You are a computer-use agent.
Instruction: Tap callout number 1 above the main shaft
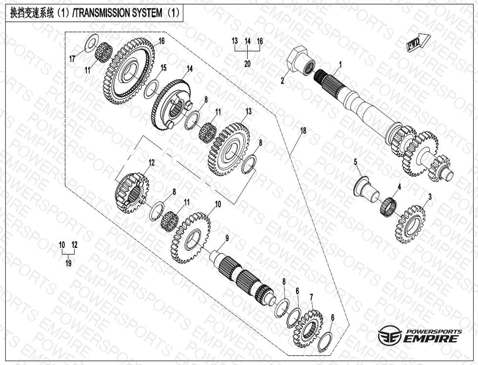click(340, 64)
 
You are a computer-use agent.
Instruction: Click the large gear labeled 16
click(130, 70)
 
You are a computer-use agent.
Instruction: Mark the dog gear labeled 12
click(133, 193)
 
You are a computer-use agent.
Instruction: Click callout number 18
click(303, 131)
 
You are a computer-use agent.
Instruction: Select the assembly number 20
click(247, 64)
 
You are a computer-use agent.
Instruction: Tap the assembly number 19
click(68, 263)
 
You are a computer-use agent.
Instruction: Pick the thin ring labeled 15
click(152, 88)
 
